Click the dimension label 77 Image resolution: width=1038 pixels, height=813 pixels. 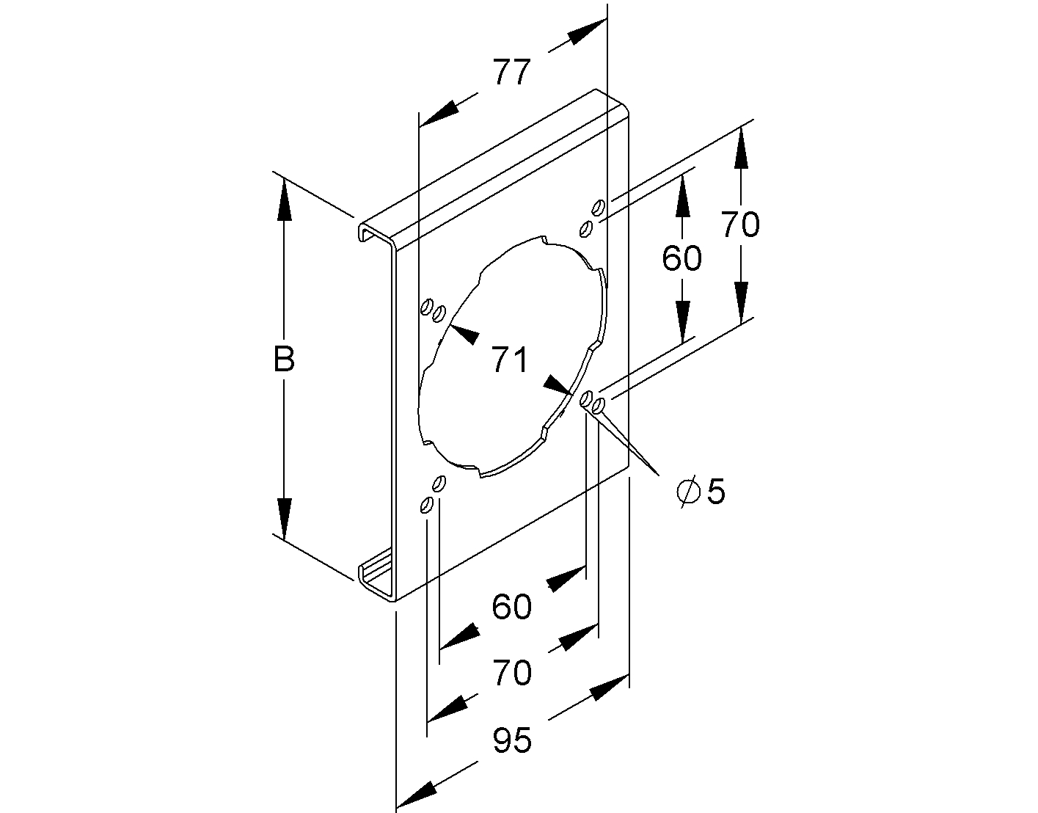coord(511,72)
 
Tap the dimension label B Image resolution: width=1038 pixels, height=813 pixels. coord(284,360)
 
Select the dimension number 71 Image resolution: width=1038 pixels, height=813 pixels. coord(510,360)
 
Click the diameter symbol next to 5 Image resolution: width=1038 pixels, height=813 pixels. coord(688,492)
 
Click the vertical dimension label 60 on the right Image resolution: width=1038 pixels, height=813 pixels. coord(681,258)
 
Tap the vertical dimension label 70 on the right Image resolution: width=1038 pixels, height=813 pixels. coord(741,225)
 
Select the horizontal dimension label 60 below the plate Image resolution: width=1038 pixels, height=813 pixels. coord(511,607)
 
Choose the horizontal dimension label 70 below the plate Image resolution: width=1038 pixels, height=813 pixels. coord(511,673)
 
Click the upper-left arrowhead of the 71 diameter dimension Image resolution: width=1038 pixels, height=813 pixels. coord(462,334)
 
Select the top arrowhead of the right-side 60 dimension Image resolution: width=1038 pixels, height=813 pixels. coord(682,197)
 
